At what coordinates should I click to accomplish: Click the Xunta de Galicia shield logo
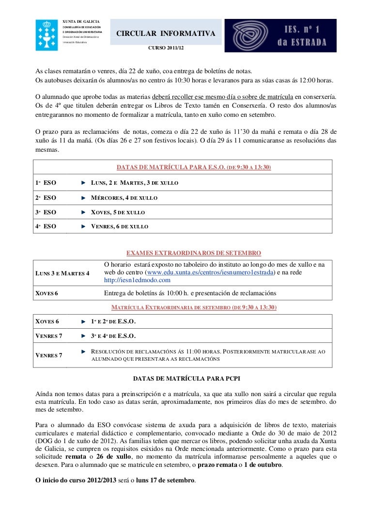click(x=46, y=35)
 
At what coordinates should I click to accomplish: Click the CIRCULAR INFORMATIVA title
click(x=165, y=33)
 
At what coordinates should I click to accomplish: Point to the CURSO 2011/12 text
click(x=166, y=48)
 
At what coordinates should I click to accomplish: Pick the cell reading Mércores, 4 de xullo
click(x=124, y=198)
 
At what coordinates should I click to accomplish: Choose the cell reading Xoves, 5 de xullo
click(x=118, y=212)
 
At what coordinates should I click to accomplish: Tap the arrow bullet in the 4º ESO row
click(x=84, y=226)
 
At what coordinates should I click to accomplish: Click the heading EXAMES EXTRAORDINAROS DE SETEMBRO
click(x=194, y=253)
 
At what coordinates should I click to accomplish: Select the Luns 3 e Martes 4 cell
click(x=62, y=273)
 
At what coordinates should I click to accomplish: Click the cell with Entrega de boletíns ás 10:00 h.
click(x=190, y=293)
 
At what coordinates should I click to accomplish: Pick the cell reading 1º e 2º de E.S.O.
click(x=114, y=321)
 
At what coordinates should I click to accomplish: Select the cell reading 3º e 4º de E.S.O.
click(x=114, y=336)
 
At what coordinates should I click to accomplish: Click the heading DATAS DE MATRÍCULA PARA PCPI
click(x=187, y=378)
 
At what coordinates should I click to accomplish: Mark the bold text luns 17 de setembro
click(x=166, y=480)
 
